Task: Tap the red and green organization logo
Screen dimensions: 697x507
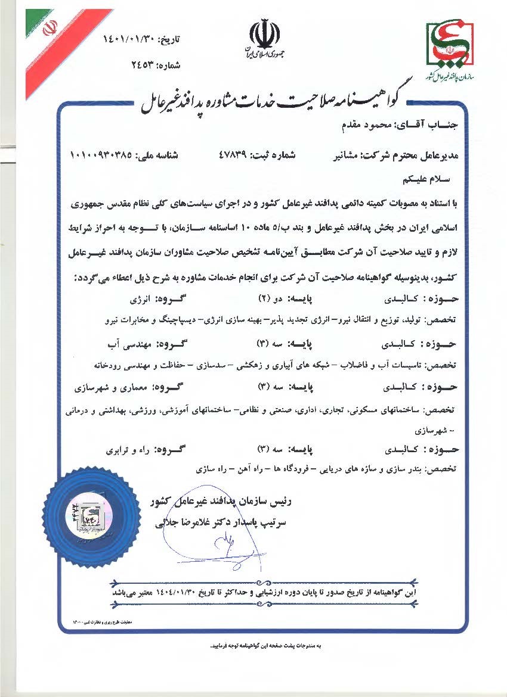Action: [451, 44]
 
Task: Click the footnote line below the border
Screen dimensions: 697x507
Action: [268, 646]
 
